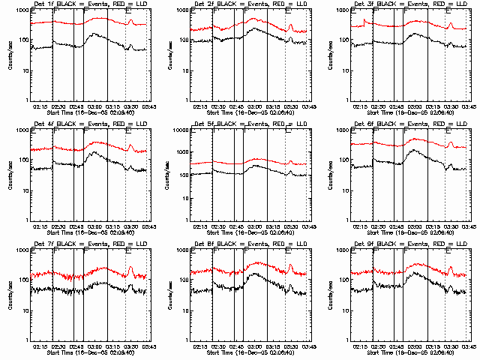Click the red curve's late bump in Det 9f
point(451,268)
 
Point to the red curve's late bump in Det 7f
point(130,268)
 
